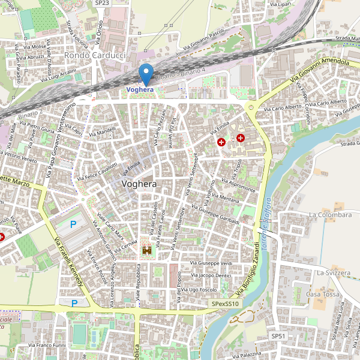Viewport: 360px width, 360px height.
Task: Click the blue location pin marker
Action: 146,74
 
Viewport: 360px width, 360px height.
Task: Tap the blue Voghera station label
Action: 140,89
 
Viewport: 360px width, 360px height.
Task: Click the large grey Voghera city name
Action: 139,184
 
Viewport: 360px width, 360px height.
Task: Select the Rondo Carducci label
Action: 94,55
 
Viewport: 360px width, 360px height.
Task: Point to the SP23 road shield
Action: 102,3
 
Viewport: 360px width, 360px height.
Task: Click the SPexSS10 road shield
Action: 226,304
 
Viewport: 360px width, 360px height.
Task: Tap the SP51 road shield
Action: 278,336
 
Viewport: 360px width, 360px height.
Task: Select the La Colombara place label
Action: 330,215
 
